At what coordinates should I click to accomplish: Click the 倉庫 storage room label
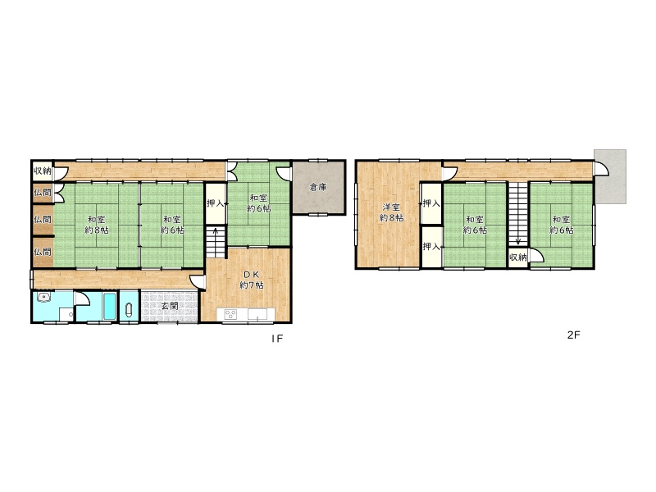click(318, 188)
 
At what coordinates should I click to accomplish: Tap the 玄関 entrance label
click(170, 306)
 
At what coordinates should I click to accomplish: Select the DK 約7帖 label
click(252, 280)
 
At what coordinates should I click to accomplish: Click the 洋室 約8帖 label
click(392, 212)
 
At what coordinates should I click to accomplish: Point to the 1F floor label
click(277, 339)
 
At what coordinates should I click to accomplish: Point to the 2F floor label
click(573, 335)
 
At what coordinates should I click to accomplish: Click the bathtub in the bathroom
click(109, 306)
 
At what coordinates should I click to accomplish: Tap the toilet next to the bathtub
click(129, 310)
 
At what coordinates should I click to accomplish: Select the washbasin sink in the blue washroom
click(43, 298)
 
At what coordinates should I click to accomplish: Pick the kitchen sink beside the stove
click(257, 314)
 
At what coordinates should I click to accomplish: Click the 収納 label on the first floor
click(43, 171)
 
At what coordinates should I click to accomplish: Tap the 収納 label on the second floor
click(518, 257)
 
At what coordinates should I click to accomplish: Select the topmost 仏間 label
click(43, 193)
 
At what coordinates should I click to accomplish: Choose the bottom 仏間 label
click(43, 252)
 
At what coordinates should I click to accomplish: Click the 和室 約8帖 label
click(97, 225)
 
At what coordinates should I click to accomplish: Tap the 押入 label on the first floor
click(216, 203)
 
